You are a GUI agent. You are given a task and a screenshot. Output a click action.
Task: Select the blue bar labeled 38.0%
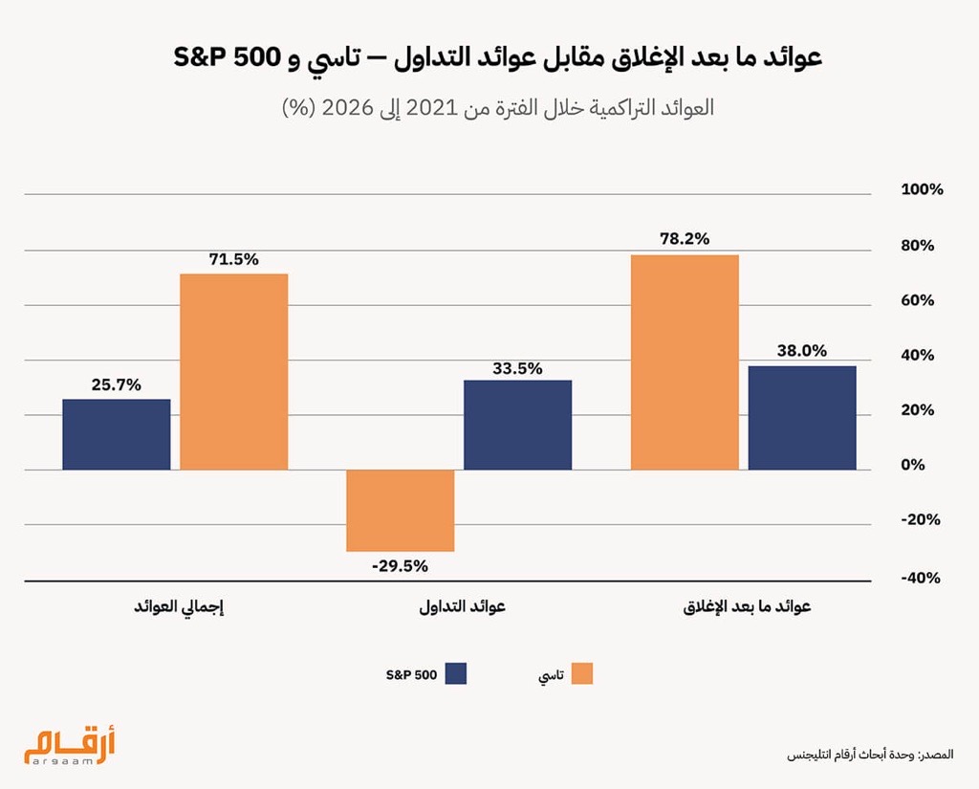801,417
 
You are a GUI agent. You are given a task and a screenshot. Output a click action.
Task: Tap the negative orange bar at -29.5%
400,511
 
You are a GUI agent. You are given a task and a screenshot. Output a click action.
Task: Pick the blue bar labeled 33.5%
517,425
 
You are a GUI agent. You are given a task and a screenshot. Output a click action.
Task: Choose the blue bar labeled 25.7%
117,434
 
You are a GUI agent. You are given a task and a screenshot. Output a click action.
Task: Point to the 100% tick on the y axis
922,189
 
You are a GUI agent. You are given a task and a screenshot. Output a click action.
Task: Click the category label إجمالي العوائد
181,607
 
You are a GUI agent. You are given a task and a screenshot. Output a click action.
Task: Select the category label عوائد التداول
463,607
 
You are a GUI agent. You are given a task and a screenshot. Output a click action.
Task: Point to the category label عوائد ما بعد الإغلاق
747,607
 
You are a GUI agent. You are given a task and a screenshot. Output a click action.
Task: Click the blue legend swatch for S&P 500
455,674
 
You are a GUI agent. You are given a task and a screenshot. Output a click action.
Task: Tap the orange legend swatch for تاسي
580,674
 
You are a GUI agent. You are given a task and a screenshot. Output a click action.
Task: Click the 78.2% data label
685,239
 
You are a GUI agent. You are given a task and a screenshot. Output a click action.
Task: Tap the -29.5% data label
400,565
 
